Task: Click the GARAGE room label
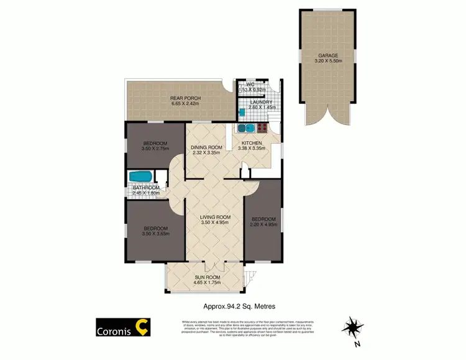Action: click(329, 55)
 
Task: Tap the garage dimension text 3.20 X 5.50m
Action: click(329, 62)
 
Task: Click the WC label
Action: click(250, 85)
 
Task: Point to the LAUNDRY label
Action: click(257, 102)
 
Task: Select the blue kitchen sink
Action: click(245, 129)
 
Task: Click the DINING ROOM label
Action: click(206, 147)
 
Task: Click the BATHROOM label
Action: click(146, 188)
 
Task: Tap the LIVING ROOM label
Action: click(215, 217)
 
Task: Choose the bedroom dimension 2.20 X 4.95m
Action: click(264, 224)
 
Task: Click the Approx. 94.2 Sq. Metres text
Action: click(239, 306)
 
